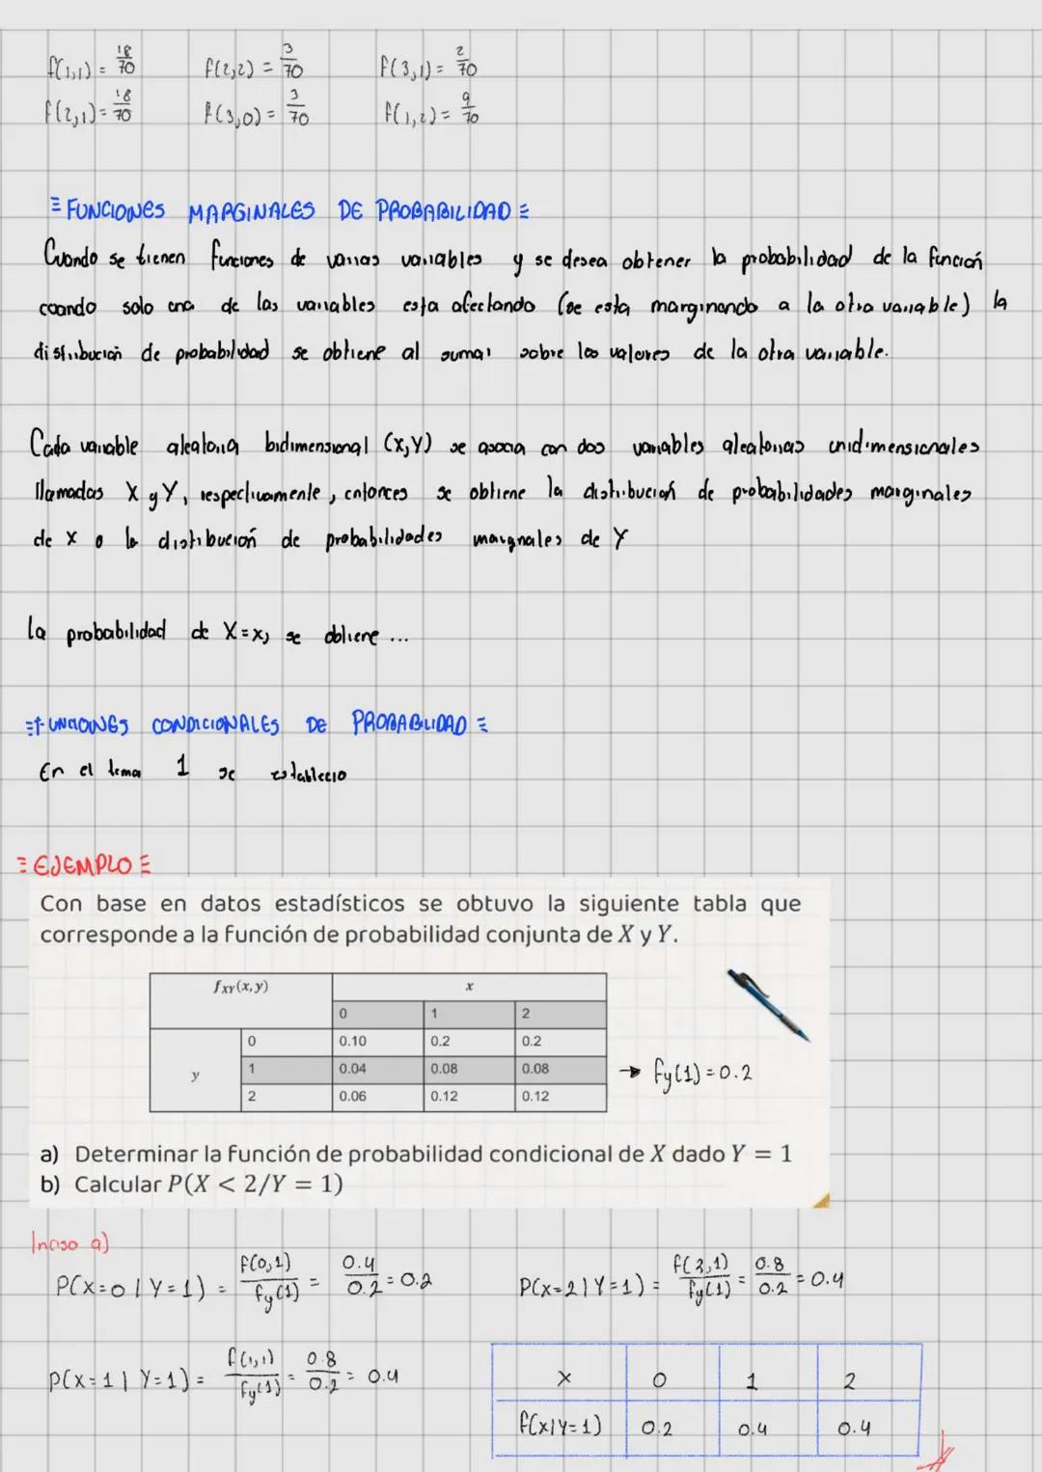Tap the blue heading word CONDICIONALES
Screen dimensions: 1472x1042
pyautogui.click(x=215, y=725)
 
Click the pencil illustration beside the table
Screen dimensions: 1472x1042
pyautogui.click(x=769, y=1005)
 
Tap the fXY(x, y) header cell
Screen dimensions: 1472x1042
pyautogui.click(x=241, y=988)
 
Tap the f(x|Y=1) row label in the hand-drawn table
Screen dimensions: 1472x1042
pyautogui.click(x=560, y=1426)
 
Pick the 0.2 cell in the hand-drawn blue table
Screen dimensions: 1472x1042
pyautogui.click(x=657, y=1428)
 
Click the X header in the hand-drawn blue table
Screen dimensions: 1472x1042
pyautogui.click(x=564, y=1380)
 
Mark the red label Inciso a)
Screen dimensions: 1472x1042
pyautogui.click(x=69, y=1243)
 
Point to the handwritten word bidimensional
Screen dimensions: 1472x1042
pyautogui.click(x=316, y=446)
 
